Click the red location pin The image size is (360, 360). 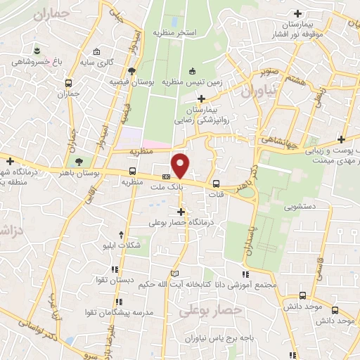tap(181, 166)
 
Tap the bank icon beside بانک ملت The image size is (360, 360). tap(166, 176)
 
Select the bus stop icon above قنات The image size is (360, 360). tap(216, 176)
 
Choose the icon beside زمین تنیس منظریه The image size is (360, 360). tap(193, 70)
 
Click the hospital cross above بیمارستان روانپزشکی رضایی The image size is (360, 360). tap(202, 98)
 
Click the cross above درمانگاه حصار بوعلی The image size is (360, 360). tap(181, 211)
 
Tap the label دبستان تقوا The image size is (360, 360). tap(115, 279)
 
